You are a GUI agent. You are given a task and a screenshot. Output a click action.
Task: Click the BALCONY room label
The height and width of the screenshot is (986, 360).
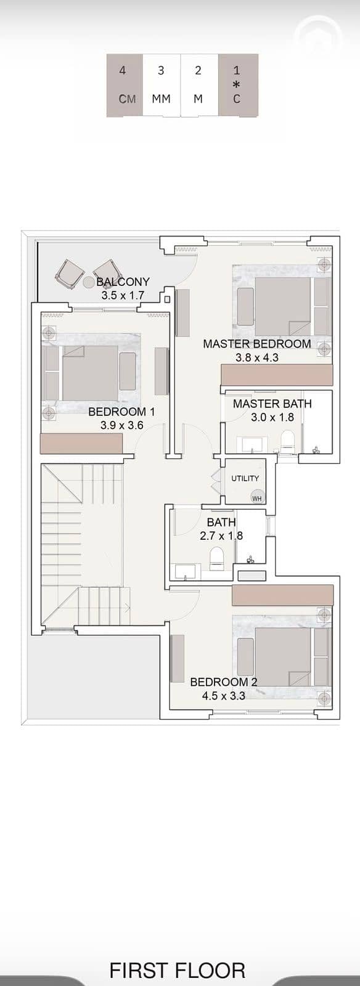coord(123,282)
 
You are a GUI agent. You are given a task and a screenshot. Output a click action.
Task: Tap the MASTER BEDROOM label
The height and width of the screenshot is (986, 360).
coord(257,344)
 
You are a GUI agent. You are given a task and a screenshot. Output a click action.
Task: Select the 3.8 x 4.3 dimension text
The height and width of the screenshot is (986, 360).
coord(257,357)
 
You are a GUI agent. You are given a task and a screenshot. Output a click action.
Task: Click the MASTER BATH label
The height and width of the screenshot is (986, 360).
coord(272,404)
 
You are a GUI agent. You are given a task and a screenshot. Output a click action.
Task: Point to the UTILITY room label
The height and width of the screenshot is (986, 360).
coord(245,478)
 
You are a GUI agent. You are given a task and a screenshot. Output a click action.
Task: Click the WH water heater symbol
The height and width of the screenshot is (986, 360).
coord(257,498)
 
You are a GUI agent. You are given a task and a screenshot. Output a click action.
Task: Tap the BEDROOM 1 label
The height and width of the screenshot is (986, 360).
coord(121,412)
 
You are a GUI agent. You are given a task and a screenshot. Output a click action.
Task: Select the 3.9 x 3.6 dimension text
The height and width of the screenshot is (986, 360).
coord(122,425)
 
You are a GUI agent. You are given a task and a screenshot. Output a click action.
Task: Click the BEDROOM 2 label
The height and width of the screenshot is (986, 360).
coord(224,682)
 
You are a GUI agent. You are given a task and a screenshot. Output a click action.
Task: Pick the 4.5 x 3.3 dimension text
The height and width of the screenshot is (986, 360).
coord(224,696)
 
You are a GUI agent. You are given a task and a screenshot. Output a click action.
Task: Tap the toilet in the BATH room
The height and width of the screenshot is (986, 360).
coord(216,558)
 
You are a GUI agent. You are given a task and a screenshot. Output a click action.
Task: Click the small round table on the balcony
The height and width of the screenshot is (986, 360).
coord(89,282)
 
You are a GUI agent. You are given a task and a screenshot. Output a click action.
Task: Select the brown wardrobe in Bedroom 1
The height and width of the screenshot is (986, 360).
coord(81,443)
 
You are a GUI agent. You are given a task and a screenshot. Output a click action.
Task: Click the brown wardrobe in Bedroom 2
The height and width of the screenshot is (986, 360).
coord(282,595)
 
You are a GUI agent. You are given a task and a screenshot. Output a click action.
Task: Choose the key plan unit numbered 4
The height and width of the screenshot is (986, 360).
coord(125,86)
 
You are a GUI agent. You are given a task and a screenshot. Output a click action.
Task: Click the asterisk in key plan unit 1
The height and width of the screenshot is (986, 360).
coord(237,84)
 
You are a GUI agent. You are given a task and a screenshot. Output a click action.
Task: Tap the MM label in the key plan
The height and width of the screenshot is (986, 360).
coord(161,99)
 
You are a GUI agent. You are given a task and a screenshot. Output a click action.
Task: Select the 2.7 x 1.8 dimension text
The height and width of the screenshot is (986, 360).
coord(221,536)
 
